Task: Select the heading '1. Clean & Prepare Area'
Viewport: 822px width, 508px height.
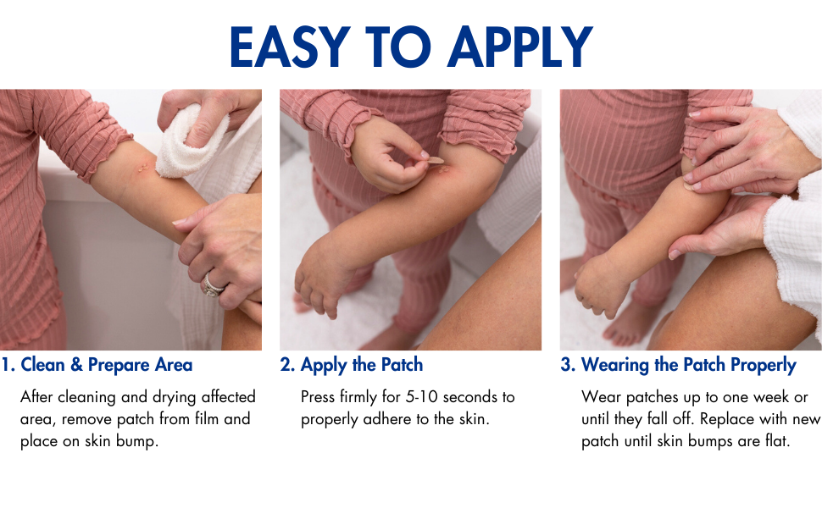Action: pos(97,365)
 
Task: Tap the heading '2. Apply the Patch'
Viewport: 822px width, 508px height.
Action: pos(352,365)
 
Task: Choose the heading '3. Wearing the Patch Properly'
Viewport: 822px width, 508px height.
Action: pos(678,365)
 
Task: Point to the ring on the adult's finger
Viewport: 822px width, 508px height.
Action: pos(213,285)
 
